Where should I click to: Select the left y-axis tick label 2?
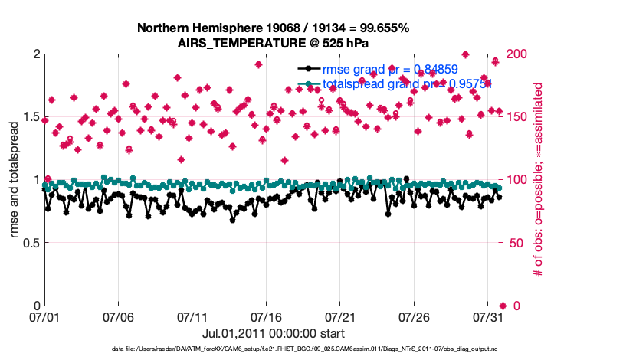(36, 54)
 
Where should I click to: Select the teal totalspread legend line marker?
(308, 83)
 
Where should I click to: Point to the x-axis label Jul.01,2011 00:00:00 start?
(274, 333)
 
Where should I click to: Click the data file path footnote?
(316, 349)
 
